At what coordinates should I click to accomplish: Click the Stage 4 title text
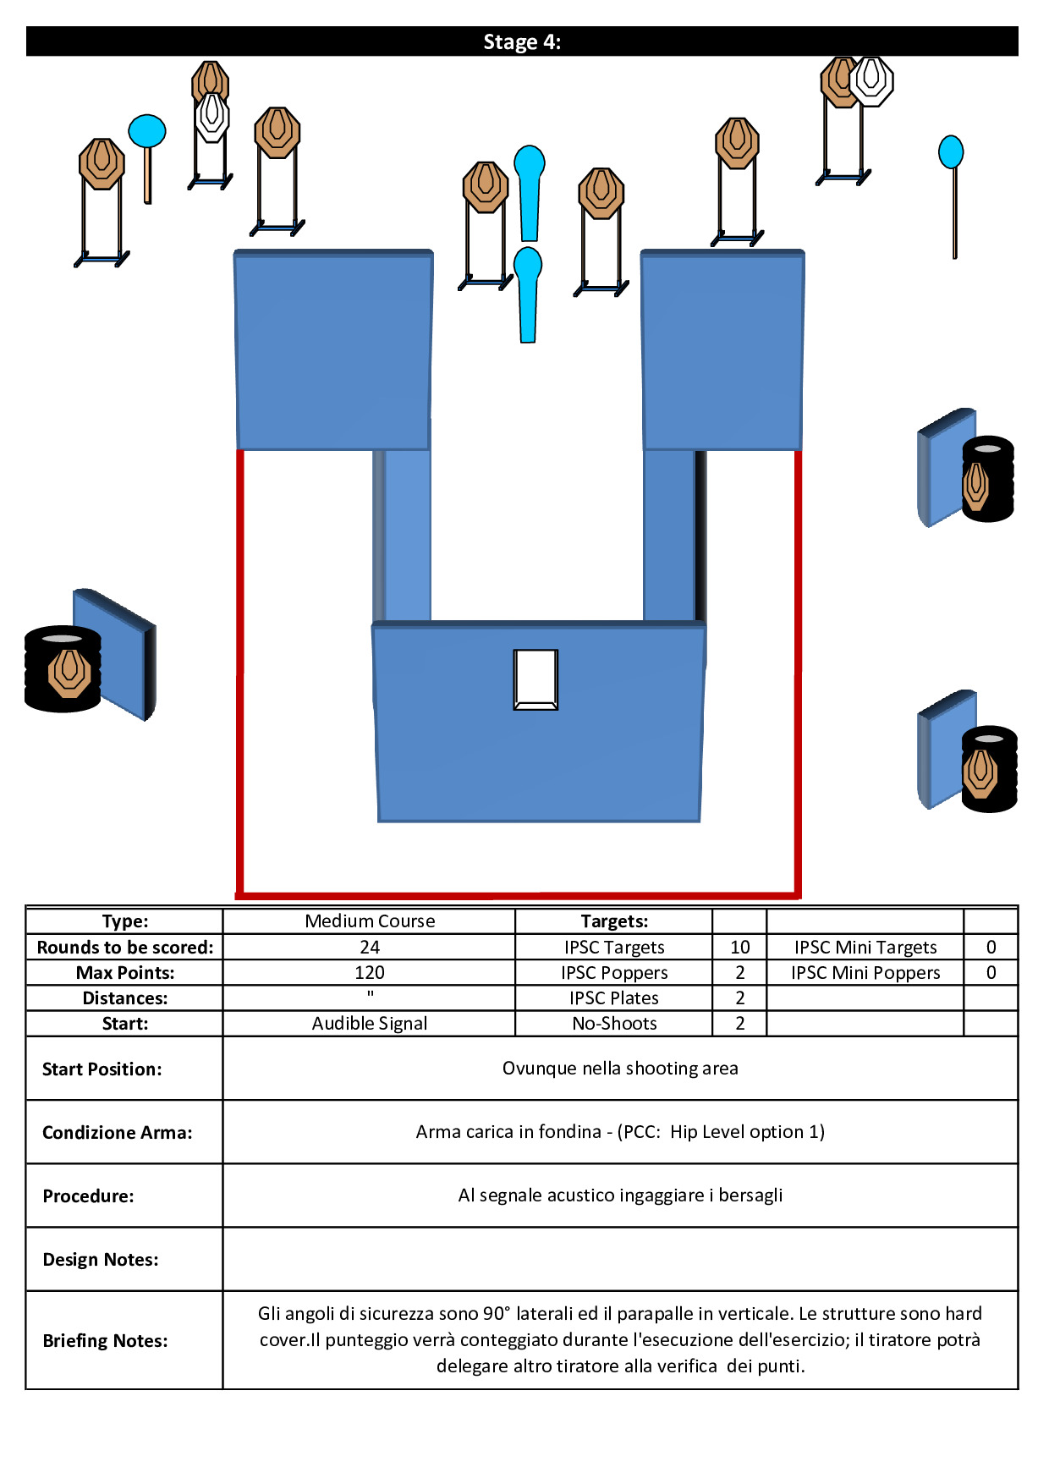tap(522, 41)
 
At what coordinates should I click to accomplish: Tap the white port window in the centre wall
tap(535, 679)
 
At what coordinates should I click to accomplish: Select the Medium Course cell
tap(370, 921)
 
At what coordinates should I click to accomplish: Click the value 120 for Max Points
tap(370, 972)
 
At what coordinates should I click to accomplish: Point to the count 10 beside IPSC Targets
tap(739, 947)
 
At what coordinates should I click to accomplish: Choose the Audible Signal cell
tap(370, 1023)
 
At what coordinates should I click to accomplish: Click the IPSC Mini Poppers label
tap(865, 972)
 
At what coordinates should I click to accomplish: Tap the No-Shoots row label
tap(614, 1023)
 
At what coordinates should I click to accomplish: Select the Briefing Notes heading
tap(105, 1340)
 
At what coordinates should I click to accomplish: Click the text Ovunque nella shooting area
tap(620, 1068)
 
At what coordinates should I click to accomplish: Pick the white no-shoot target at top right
tap(871, 80)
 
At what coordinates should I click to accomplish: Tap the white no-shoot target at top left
tap(211, 117)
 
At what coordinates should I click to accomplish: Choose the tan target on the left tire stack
tap(69, 672)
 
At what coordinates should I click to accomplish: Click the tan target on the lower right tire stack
tap(980, 772)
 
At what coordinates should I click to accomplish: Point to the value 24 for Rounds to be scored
tap(370, 947)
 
